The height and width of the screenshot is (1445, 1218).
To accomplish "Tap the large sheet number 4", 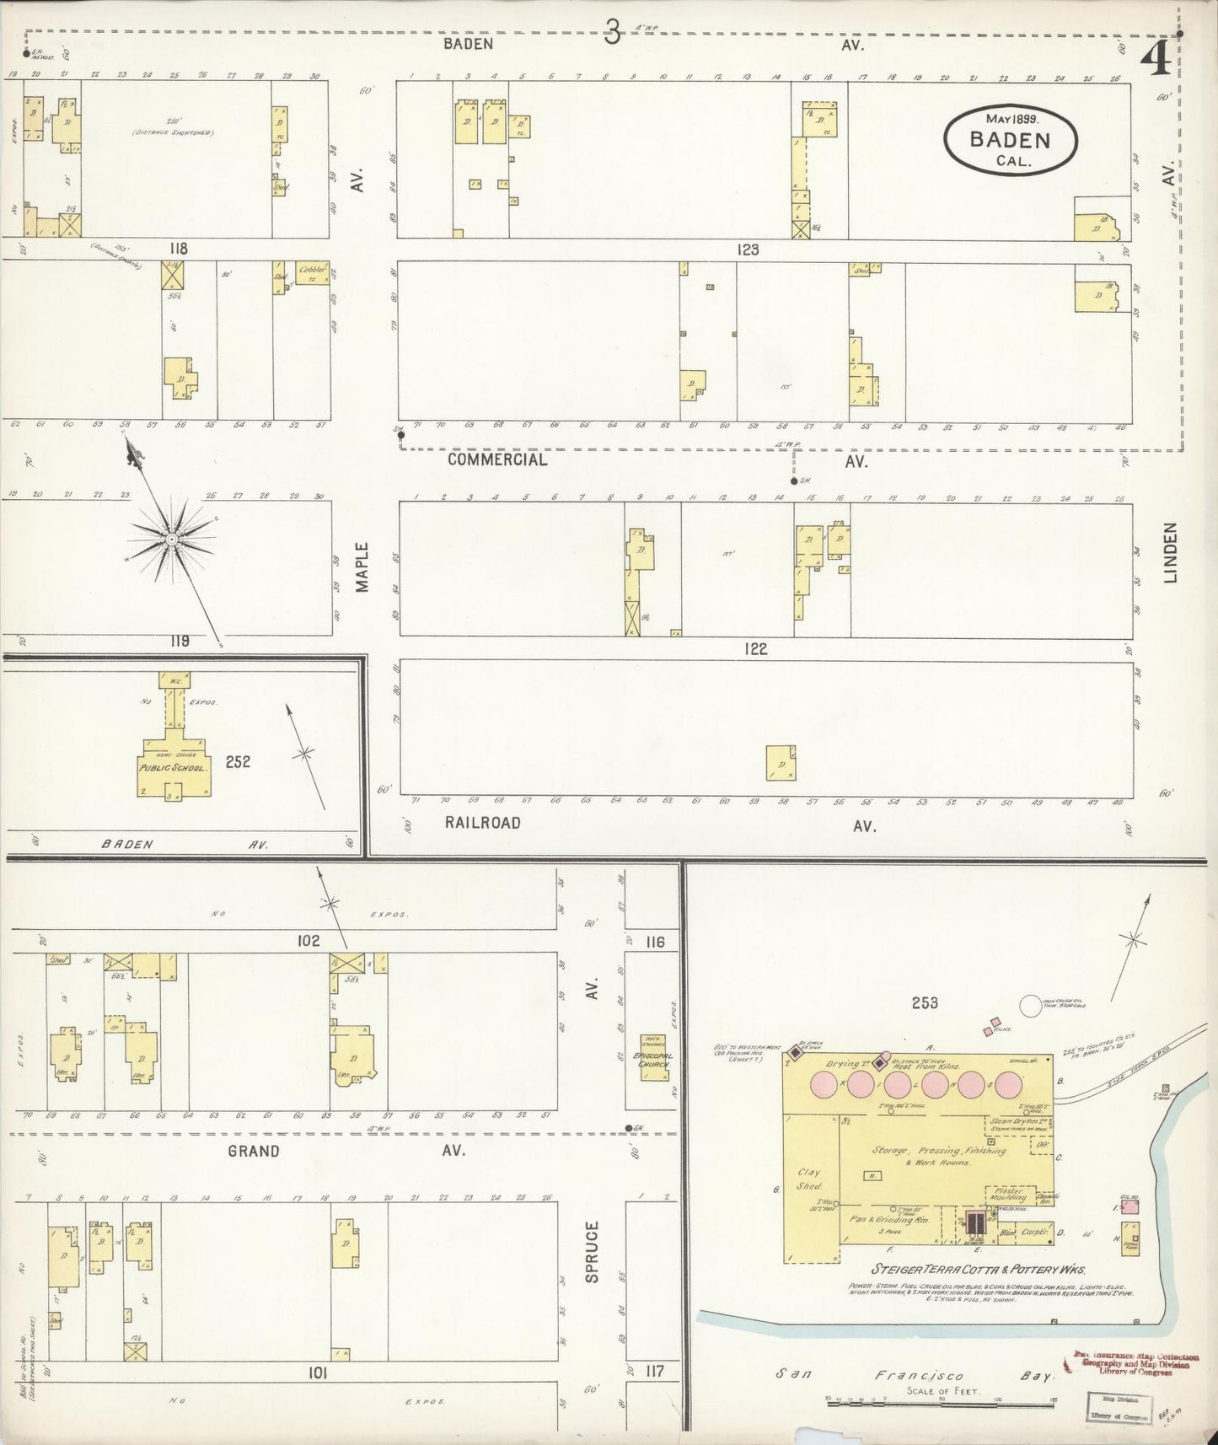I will (1156, 59).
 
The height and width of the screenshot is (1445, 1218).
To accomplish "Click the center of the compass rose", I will (171, 539).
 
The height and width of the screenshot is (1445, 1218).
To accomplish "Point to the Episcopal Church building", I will (652, 1058).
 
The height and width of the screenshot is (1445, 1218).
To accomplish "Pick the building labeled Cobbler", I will (313, 272).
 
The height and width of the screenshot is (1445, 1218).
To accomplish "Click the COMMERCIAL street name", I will (496, 459).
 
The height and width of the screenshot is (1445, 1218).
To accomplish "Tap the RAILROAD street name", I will (483, 823).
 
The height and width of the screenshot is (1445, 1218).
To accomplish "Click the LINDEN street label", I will (1169, 552).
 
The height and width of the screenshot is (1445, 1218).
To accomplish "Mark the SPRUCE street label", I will (592, 1252).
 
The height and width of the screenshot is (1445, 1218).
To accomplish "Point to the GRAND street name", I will (253, 1151).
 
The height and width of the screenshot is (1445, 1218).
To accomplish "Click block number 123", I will (748, 250).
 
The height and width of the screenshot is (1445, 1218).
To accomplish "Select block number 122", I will (755, 648).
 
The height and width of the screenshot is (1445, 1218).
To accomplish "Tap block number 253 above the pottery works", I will (924, 1003).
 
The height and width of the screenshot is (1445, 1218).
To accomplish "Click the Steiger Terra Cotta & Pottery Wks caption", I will (978, 1270).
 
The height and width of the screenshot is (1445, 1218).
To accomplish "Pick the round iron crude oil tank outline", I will (1031, 1006).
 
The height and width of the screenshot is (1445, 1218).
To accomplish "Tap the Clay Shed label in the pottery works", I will (808, 1179).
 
